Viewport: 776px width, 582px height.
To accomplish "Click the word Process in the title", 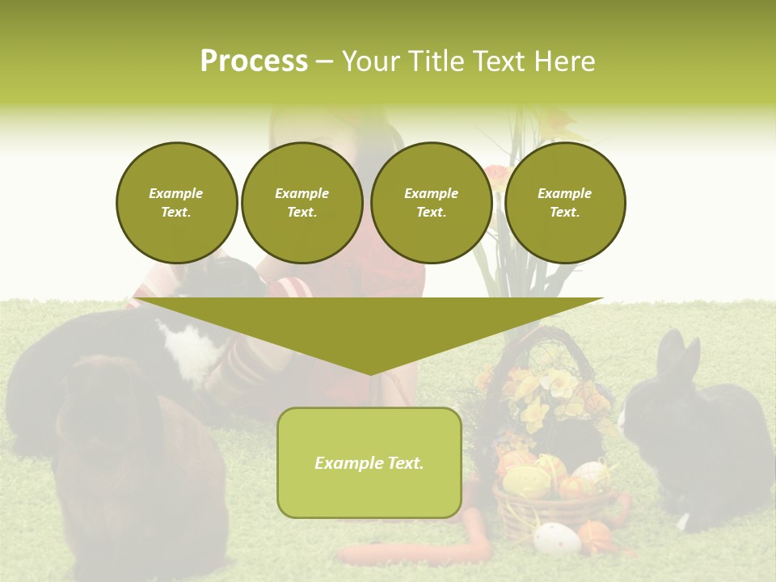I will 254,61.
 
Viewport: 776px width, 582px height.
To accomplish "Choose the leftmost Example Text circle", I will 176,203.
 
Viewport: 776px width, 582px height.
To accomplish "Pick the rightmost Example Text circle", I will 564,203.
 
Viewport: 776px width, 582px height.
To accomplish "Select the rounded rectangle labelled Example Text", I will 369,462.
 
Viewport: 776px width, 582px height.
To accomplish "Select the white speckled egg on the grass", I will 557,538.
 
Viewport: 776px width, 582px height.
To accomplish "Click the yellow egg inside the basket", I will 526,482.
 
